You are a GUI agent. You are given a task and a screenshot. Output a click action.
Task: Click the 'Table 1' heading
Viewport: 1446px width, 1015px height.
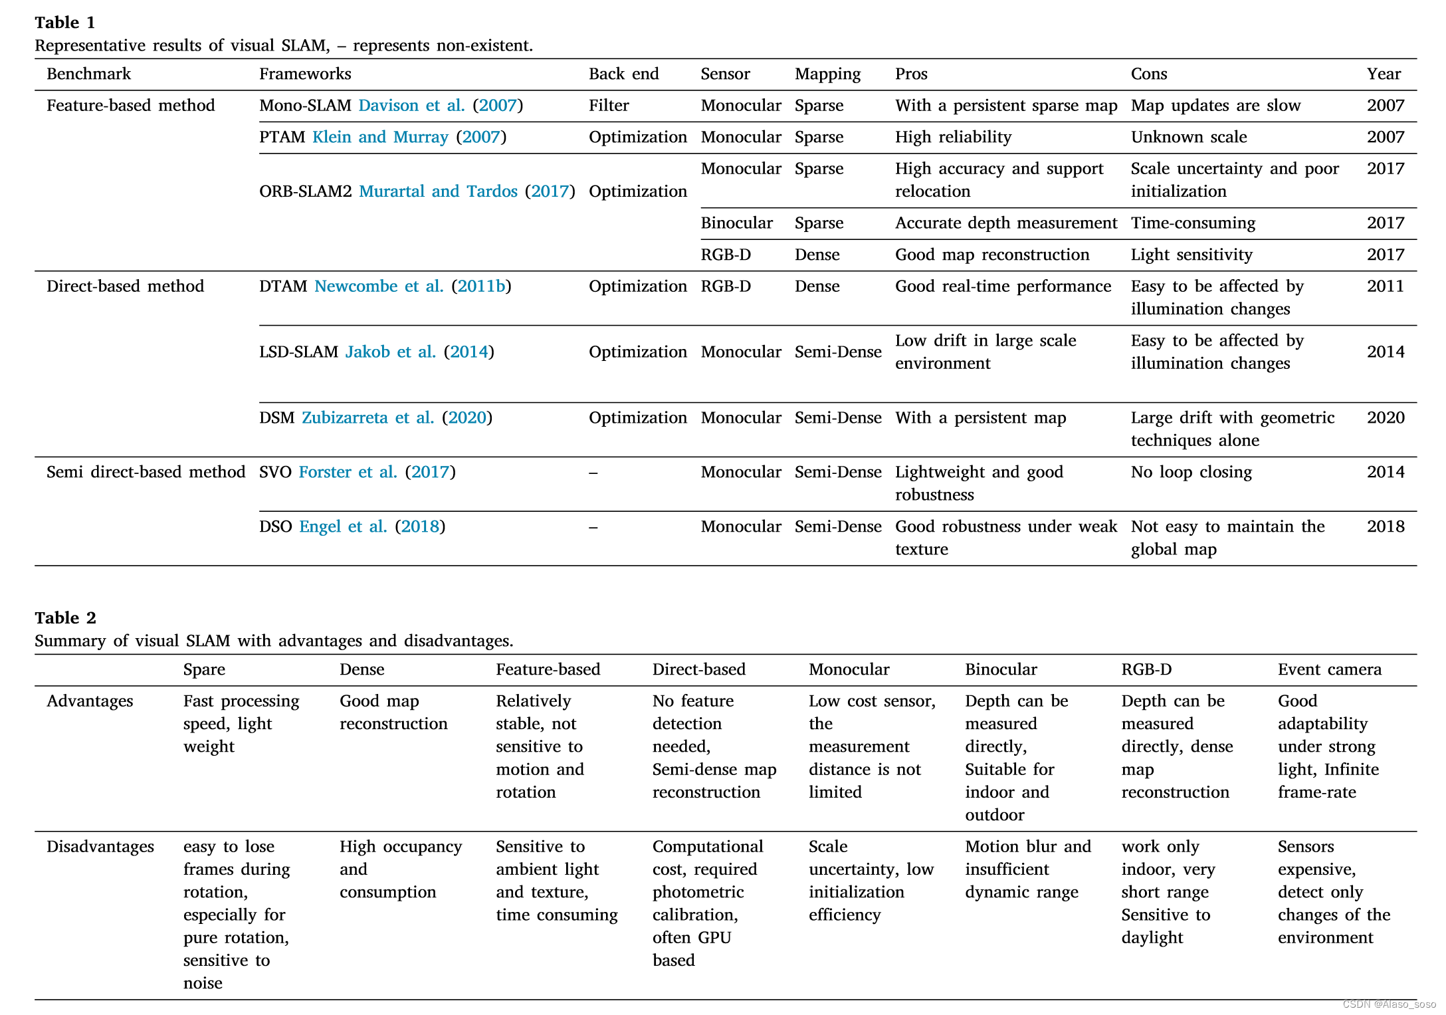pyautogui.click(x=64, y=23)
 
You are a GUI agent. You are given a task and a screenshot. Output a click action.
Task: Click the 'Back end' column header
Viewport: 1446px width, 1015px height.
pyautogui.click(x=623, y=74)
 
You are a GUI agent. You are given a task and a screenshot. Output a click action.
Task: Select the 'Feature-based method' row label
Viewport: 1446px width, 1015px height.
pyautogui.click(x=130, y=105)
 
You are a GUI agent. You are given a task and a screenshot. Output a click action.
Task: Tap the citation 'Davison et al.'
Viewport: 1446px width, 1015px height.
pyautogui.click(x=411, y=105)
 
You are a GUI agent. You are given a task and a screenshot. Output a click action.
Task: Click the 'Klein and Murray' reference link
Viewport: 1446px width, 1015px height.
pyautogui.click(x=380, y=137)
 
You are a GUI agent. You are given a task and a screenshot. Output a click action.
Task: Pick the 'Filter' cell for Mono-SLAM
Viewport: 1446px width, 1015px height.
pyautogui.click(x=608, y=105)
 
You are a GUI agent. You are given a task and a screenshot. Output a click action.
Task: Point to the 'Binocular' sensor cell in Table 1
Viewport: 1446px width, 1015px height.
pyautogui.click(x=736, y=223)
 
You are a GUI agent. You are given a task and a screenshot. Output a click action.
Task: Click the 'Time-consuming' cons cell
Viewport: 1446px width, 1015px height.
pyautogui.click(x=1193, y=223)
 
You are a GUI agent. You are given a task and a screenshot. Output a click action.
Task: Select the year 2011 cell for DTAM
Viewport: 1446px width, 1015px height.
pyautogui.click(x=1385, y=286)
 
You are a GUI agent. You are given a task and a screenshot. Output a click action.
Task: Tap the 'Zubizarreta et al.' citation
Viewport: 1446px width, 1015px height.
pyautogui.click(x=367, y=417)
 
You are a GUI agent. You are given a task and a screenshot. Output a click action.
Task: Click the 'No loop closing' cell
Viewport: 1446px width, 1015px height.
pyautogui.click(x=1191, y=472)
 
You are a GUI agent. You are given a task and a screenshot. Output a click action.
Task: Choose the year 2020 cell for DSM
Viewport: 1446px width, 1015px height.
pyautogui.click(x=1386, y=417)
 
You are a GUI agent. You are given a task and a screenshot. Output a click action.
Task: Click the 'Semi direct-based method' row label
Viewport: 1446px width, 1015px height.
pyautogui.click(x=146, y=472)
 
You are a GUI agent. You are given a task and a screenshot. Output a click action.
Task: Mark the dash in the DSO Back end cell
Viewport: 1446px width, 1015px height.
pyautogui.click(x=593, y=527)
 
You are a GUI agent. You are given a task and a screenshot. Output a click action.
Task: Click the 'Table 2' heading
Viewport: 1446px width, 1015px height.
pyautogui.click(x=65, y=618)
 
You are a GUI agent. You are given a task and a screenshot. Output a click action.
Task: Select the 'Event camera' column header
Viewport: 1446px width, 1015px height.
pyautogui.click(x=1329, y=669)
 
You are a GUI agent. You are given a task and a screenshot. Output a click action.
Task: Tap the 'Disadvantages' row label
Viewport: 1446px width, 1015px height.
pyautogui.click(x=100, y=846)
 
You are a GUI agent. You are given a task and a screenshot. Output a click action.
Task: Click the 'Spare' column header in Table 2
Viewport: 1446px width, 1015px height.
pyautogui.click(x=204, y=669)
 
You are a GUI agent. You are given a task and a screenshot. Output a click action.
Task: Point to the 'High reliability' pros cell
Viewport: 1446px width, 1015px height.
pyautogui.click(x=953, y=137)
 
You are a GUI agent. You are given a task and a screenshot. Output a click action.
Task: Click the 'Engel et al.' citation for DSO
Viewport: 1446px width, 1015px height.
pyautogui.click(x=343, y=526)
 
